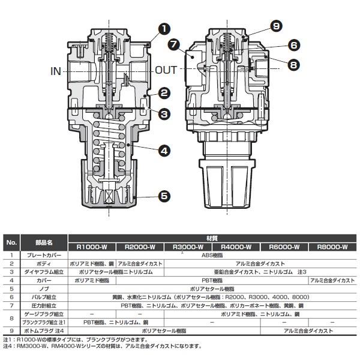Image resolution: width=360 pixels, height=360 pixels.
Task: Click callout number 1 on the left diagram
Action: click(163, 28)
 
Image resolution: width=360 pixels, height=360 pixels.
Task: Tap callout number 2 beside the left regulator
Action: click(163, 93)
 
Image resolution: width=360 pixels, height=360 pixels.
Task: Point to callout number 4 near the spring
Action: click(163, 152)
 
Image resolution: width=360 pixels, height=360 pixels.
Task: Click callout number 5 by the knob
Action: click(163, 195)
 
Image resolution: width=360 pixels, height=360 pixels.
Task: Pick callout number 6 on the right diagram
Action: click(293, 45)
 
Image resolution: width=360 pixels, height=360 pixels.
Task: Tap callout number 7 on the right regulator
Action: click(174, 44)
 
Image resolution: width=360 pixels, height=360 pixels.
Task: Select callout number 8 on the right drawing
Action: click(293, 64)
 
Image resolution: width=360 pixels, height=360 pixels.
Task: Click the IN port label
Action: click(55, 71)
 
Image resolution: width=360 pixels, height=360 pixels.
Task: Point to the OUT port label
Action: click(166, 70)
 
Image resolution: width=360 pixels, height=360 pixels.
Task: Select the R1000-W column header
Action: click(92, 247)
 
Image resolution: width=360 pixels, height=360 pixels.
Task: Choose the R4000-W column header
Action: click(236, 247)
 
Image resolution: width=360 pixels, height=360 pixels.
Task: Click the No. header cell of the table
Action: click(11, 242)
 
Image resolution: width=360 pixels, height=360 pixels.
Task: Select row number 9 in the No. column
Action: click(11, 330)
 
